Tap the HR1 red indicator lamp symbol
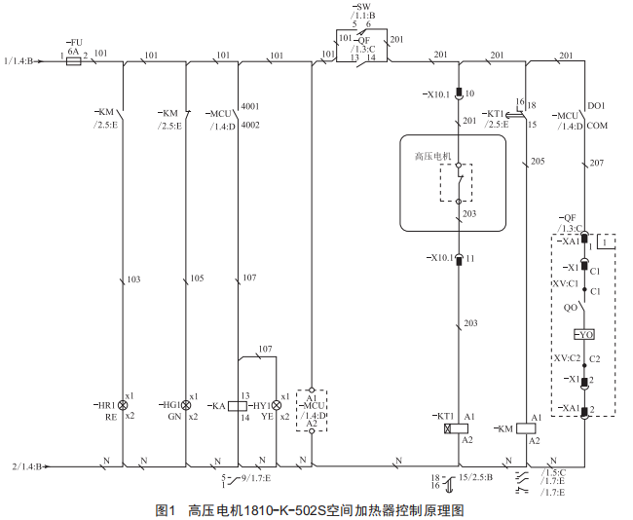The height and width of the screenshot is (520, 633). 123,404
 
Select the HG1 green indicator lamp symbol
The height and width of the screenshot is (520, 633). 186,404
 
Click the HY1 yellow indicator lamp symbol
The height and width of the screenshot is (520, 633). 276,404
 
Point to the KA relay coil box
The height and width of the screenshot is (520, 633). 238,404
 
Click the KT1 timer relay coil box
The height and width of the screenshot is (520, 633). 451,427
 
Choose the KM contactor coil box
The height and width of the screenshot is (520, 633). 525,427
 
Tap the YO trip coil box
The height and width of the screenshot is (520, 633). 584,335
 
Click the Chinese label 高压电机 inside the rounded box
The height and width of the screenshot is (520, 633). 433,155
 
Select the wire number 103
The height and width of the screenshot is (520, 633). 133,279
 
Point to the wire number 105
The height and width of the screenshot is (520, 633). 196,279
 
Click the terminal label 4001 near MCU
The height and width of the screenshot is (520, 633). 250,105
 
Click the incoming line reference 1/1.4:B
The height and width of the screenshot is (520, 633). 19,60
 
